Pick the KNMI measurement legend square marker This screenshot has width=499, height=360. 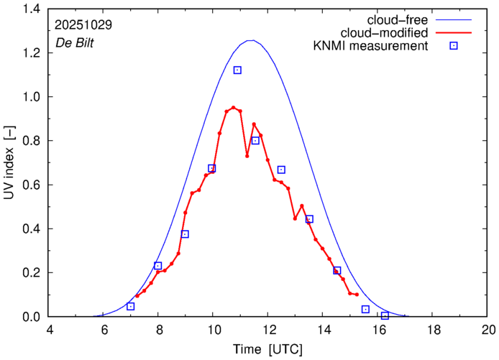tap(454, 47)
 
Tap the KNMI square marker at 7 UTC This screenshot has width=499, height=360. tap(131, 306)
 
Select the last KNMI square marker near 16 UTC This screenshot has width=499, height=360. tap(385, 315)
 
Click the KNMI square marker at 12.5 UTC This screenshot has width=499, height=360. tap(282, 170)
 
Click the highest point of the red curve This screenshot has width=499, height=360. tap(233, 107)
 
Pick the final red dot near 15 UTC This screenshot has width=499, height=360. tap(357, 295)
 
